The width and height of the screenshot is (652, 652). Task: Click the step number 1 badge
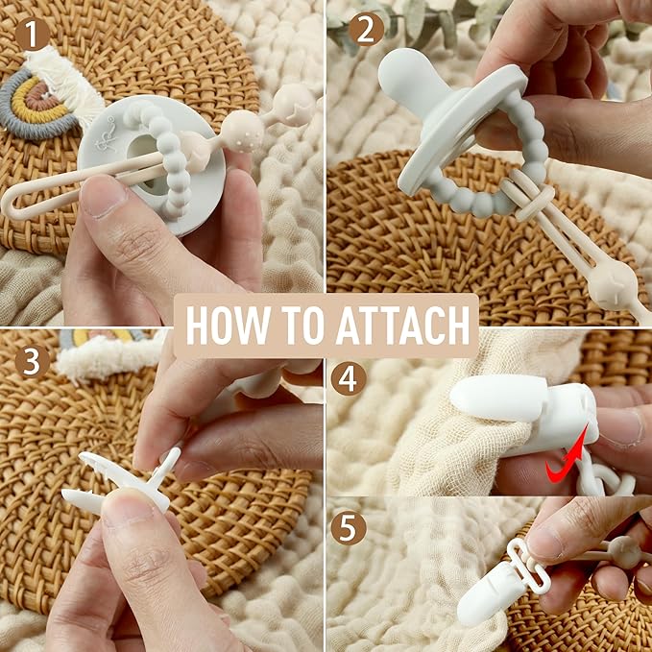tap(32, 35)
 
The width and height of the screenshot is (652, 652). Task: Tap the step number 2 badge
tap(366, 29)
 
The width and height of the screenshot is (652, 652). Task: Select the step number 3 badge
tap(32, 361)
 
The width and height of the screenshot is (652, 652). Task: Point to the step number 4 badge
tap(349, 378)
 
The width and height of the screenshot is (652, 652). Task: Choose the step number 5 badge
tap(349, 528)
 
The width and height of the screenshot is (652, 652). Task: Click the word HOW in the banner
tap(227, 326)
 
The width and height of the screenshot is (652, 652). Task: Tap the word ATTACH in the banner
tap(402, 326)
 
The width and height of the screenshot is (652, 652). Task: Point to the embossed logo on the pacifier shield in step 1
tap(105, 133)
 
